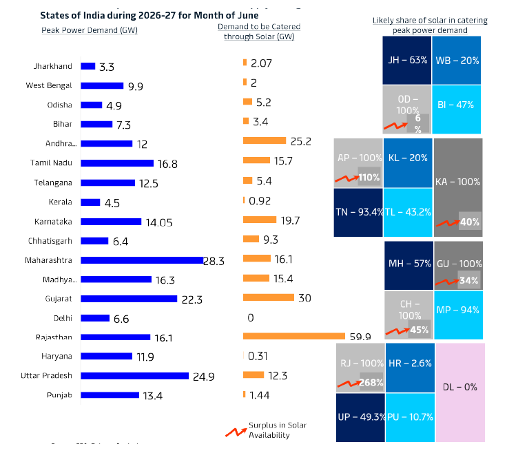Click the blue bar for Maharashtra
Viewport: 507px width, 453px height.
pos(142,261)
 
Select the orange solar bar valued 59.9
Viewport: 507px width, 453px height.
pos(293,336)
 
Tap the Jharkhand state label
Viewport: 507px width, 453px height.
pos(52,66)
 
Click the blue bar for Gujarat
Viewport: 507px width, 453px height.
pos(129,299)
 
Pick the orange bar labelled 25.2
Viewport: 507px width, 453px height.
pos(264,140)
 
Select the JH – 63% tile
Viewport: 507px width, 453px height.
pos(408,60)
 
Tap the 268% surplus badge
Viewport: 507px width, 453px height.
pos(371,383)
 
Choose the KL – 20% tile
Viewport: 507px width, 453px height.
pos(408,158)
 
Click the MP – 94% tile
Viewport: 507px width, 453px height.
pos(458,310)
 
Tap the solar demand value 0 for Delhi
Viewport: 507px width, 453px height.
pos(250,318)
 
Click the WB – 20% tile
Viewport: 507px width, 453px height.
pos(457,60)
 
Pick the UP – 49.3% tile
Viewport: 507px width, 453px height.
pos(359,417)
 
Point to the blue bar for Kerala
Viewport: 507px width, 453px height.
pos(90,202)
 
